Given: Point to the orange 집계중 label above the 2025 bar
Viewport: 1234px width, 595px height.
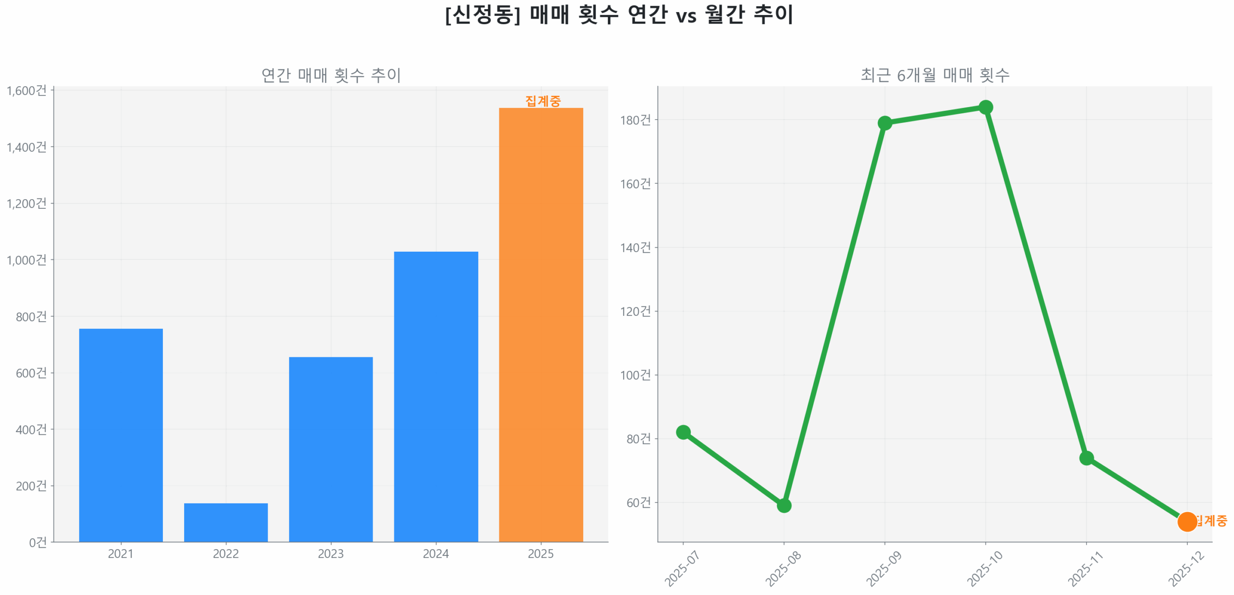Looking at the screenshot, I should click(x=543, y=101).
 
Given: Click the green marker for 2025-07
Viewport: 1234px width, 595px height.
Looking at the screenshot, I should click(x=683, y=432).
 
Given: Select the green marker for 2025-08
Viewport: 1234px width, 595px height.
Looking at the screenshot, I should click(x=783, y=505).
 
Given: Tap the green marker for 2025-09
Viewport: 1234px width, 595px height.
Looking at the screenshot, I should click(x=884, y=123).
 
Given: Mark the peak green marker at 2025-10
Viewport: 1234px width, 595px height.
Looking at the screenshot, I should click(x=985, y=107).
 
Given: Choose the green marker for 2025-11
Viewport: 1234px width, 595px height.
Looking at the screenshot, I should click(x=1086, y=457).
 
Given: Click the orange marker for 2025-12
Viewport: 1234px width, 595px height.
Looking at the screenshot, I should click(x=1186, y=521).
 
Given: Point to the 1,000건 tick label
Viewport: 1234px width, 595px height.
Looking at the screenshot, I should click(x=27, y=260).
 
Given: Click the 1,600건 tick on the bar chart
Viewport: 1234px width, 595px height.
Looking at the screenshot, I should click(x=27, y=91).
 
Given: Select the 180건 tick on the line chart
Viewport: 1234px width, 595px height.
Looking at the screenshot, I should click(x=635, y=120).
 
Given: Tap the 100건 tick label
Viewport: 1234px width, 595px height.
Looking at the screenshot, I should click(x=635, y=375).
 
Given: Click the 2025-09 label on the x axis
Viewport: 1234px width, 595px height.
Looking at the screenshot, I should click(x=883, y=569).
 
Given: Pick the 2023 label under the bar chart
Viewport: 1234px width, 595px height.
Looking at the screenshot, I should click(x=331, y=554).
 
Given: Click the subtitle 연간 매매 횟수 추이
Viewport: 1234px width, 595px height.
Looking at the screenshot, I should click(x=331, y=75).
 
